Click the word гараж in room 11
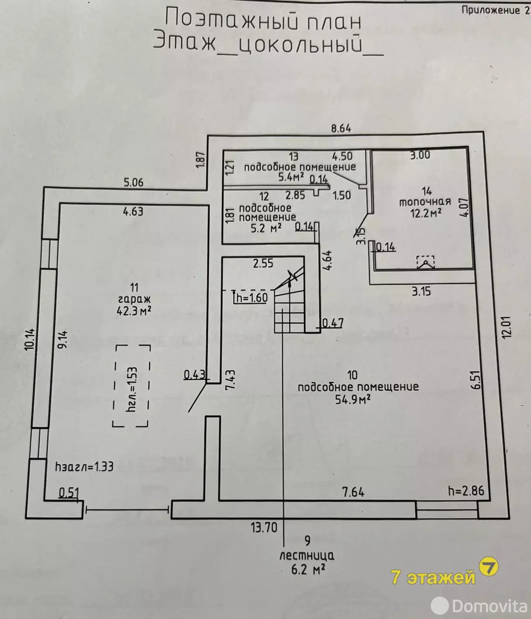coord(134,299)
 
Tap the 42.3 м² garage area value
coord(134,311)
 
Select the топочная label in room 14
coord(425,202)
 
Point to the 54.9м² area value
coord(353,399)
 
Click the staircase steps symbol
coord(289,309)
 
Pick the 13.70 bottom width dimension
coord(264,527)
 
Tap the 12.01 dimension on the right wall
coord(507,327)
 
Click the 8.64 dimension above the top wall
coord(341,128)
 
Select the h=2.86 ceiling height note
coord(466,491)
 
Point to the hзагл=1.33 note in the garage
coord(84,467)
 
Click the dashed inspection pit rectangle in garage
coord(131,386)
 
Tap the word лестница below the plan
coord(307,556)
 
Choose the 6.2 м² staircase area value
coord(308,569)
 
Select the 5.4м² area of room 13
coord(291,178)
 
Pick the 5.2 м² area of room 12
coord(266,228)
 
